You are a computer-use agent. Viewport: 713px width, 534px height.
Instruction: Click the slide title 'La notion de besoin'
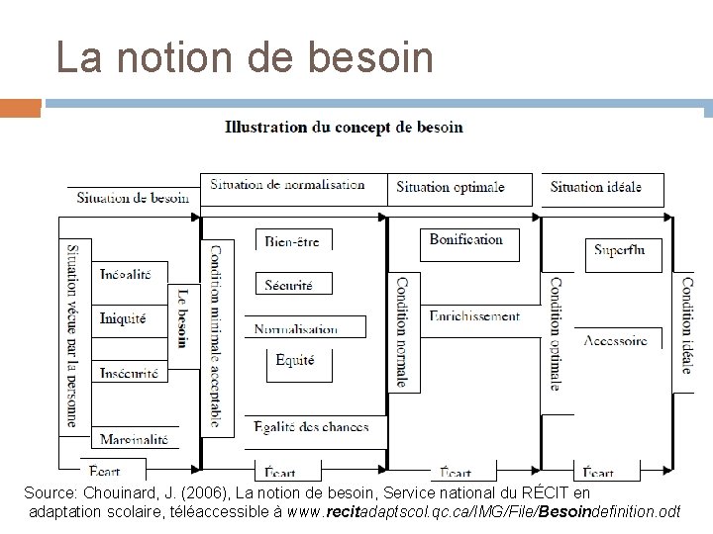click(245, 57)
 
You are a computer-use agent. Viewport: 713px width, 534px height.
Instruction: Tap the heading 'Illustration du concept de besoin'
click(344, 127)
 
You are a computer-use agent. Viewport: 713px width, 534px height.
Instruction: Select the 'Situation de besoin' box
click(133, 197)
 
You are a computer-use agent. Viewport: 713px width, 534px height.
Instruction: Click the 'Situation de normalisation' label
click(287, 185)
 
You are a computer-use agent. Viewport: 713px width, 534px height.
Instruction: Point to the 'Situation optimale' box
click(451, 187)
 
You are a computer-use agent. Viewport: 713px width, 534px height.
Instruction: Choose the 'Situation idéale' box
click(596, 187)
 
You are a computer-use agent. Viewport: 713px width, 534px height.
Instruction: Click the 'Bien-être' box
click(292, 241)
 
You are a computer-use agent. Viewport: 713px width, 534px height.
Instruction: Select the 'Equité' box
click(295, 361)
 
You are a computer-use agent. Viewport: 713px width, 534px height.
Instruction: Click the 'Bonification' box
click(466, 240)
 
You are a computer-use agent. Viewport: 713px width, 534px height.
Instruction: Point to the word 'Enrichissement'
click(474, 316)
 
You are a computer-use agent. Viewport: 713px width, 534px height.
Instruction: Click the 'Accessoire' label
click(616, 340)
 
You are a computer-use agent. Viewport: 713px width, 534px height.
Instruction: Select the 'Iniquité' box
click(124, 318)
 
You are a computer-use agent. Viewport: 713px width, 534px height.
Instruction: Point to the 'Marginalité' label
click(134, 439)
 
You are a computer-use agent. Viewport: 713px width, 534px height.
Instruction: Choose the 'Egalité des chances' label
click(310, 427)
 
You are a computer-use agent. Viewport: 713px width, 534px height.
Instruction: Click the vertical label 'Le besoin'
click(181, 317)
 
